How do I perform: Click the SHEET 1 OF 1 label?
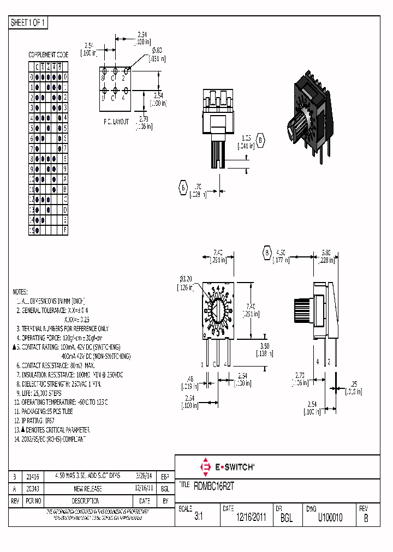[29, 22]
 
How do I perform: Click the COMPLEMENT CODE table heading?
[49, 55]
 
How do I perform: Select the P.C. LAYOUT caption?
[116, 122]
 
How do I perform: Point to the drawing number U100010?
[330, 518]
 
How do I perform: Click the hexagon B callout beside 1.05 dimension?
[261, 141]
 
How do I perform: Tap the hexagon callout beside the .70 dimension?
[182, 188]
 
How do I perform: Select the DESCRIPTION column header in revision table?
[85, 501]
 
